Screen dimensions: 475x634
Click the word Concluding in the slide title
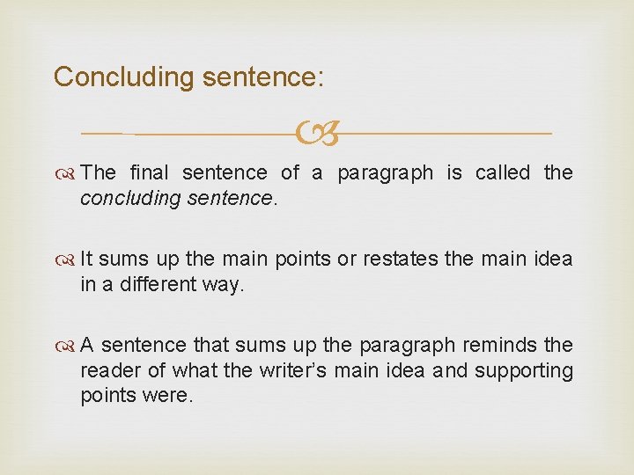click(x=123, y=77)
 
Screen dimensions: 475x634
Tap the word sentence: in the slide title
click(x=263, y=77)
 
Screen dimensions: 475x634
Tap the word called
click(x=503, y=172)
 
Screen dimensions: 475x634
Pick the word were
click(x=170, y=396)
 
